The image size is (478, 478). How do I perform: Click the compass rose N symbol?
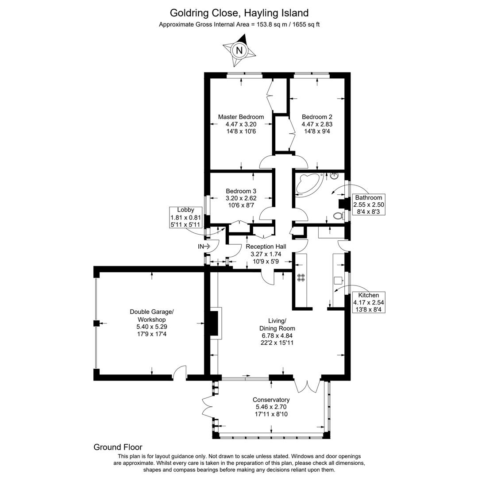(x=239, y=50)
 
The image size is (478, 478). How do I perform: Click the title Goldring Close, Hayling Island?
(x=239, y=13)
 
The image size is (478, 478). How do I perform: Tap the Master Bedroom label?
(x=241, y=117)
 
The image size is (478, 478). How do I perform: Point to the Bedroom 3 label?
(x=241, y=191)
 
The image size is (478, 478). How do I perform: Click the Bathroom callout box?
(x=368, y=204)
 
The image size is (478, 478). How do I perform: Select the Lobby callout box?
(x=185, y=217)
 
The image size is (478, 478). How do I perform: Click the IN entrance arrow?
(x=204, y=246)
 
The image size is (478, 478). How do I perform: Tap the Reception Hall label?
(x=266, y=247)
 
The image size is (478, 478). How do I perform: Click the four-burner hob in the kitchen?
(x=301, y=278)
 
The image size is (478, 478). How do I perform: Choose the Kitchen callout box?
(x=369, y=302)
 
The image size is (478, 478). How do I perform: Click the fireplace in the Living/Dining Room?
(x=214, y=324)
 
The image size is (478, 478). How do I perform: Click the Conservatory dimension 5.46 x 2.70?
(x=271, y=407)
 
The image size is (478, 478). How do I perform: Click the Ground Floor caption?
(x=118, y=447)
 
